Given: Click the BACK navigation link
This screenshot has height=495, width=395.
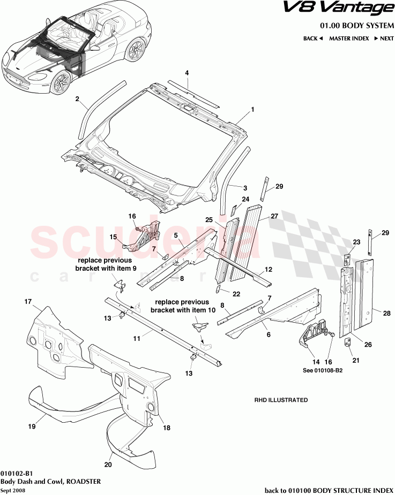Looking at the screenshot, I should coord(312,39).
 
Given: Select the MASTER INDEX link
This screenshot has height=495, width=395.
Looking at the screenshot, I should coord(348,39).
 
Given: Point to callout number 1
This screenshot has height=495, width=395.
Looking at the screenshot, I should coord(252,109).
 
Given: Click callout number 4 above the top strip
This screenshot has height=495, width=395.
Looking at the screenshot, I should coord(187,73).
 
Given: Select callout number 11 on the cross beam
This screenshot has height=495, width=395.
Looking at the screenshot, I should coord(137,338).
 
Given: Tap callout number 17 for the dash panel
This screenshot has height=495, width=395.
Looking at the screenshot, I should coord(28,302).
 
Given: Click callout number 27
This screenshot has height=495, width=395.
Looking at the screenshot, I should coord(274,217).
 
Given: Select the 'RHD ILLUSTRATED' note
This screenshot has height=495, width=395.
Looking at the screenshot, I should coord(280,400).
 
